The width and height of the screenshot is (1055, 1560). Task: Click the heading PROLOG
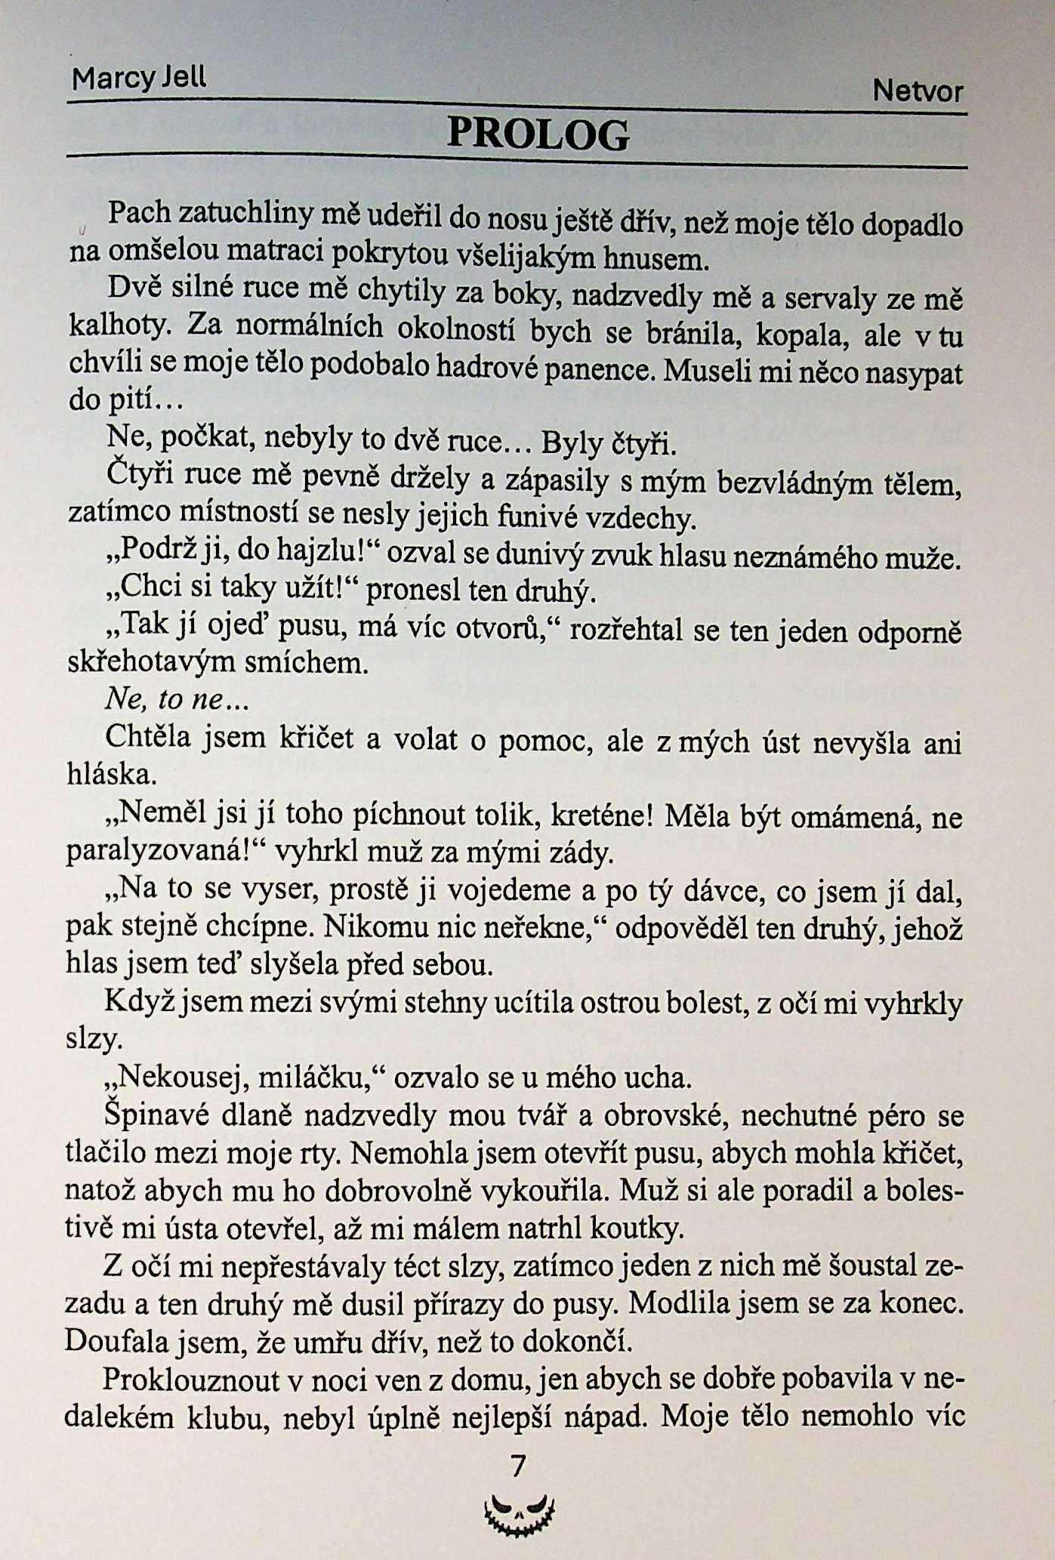tap(538, 135)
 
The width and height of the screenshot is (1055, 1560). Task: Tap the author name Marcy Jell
tap(138, 78)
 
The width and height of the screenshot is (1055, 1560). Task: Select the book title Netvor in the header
tap(918, 91)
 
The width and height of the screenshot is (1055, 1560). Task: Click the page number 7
tap(518, 1465)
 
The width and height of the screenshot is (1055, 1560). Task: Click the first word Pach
tap(140, 212)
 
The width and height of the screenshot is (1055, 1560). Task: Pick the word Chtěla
tap(148, 736)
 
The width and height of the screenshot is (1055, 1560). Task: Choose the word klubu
tap(226, 1417)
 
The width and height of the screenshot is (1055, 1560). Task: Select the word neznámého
tap(801, 557)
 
